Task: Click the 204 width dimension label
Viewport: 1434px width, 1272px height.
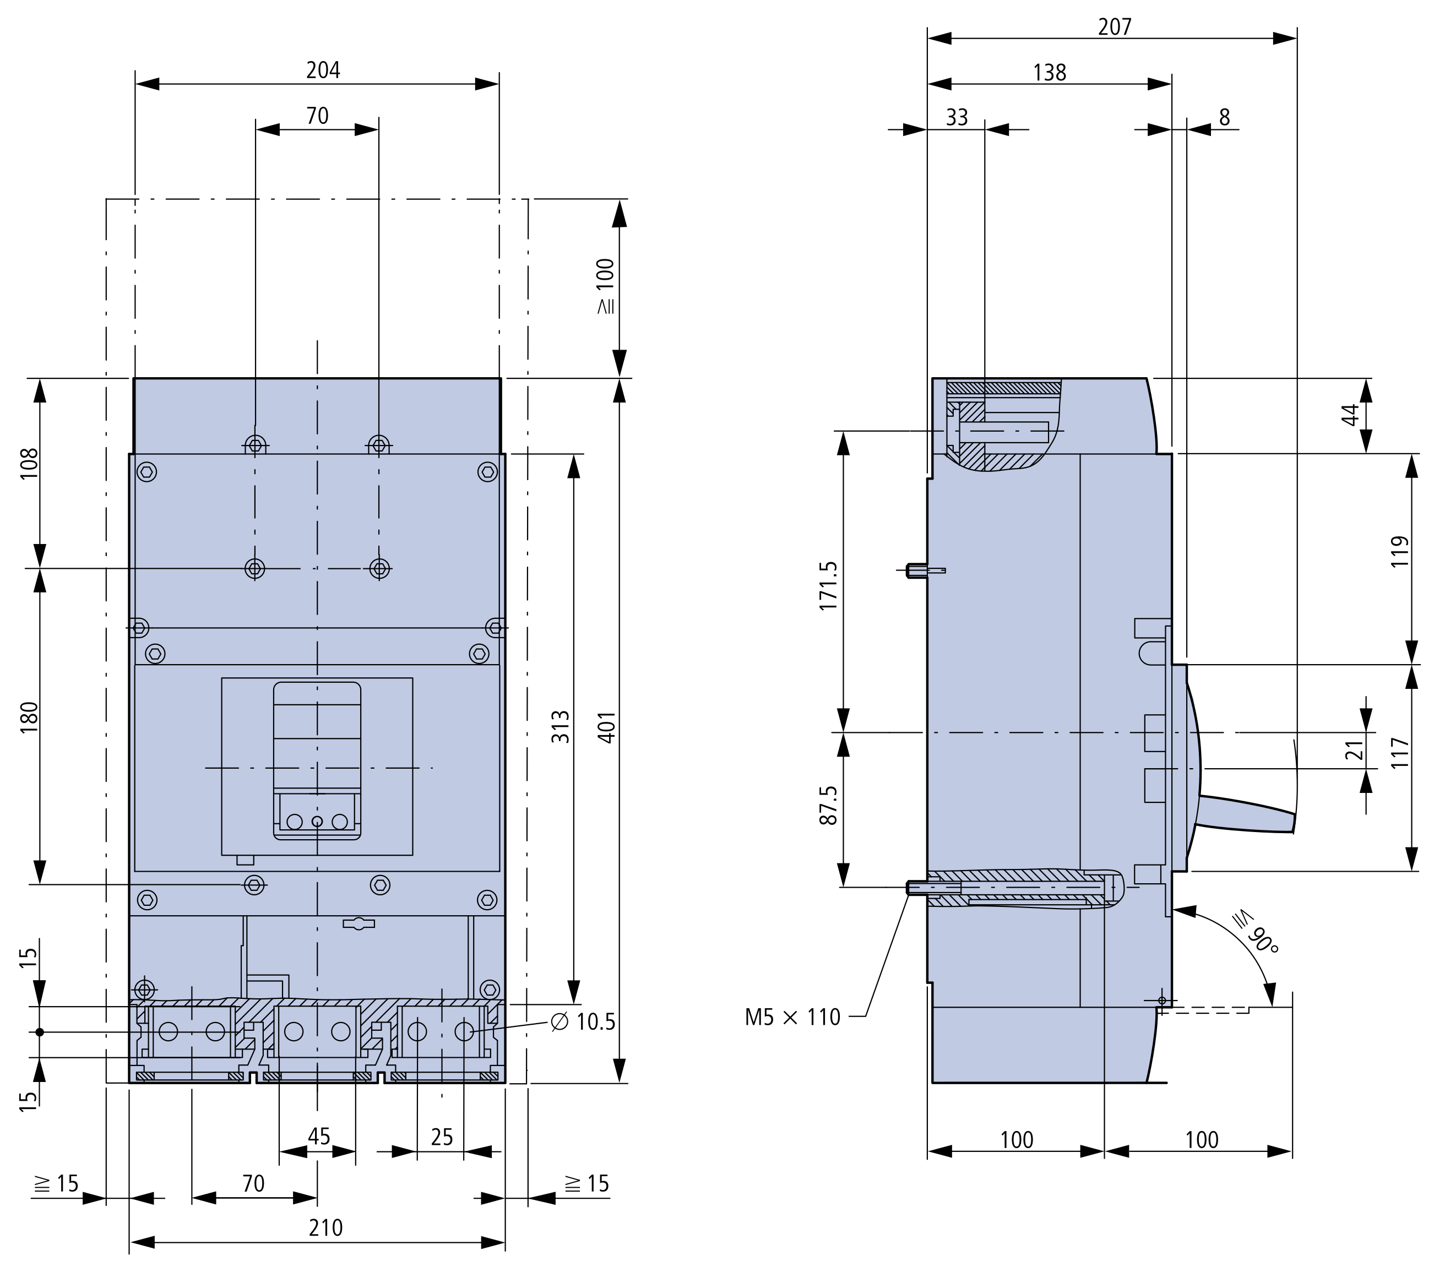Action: click(x=323, y=70)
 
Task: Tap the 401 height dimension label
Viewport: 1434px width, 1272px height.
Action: click(x=607, y=727)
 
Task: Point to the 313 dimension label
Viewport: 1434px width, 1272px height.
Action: click(x=561, y=727)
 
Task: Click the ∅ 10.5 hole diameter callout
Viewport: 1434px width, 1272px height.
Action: click(x=583, y=1022)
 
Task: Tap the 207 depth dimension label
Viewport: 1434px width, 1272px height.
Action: click(x=1115, y=26)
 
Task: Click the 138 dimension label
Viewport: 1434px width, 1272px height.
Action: click(x=1050, y=72)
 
